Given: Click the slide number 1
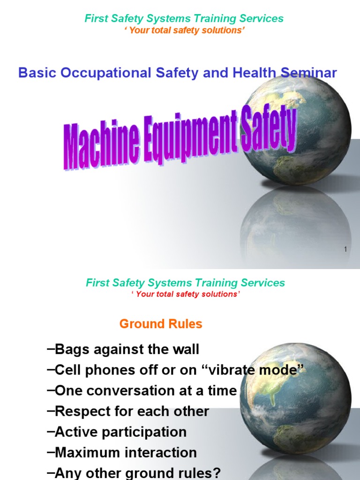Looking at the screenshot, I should pyautogui.click(x=345, y=250).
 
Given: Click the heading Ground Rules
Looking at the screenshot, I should pyautogui.click(x=161, y=324).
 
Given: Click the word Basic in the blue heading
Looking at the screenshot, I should pyautogui.click(x=36, y=73).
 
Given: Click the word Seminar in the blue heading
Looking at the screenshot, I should pyautogui.click(x=309, y=73).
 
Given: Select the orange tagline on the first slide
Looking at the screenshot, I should pyautogui.click(x=183, y=30).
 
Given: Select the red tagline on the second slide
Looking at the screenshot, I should pyautogui.click(x=185, y=294).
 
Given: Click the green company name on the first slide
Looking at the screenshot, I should pyautogui.click(x=184, y=18).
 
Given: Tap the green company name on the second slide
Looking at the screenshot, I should pyautogui.click(x=185, y=283).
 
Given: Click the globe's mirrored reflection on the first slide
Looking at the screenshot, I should pyautogui.click(x=295, y=225).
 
